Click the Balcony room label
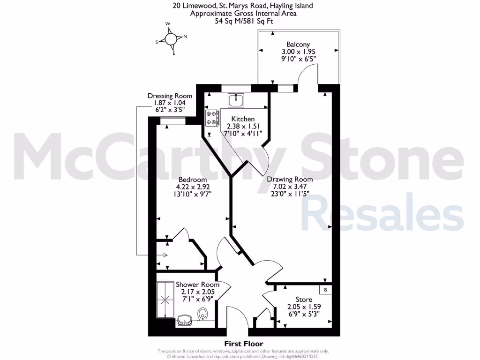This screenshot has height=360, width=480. pyautogui.click(x=298, y=45)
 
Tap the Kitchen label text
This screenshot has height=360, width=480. pyautogui.click(x=243, y=119)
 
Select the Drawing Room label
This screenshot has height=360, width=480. pyautogui.click(x=290, y=179)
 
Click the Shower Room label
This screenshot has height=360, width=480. pyautogui.click(x=197, y=285)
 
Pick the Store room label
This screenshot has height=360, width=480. pyautogui.click(x=304, y=300)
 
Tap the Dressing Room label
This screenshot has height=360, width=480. pyautogui.click(x=170, y=96)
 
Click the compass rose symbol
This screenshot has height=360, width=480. pyautogui.click(x=172, y=39)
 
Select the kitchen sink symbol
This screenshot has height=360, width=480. pyautogui.click(x=236, y=100)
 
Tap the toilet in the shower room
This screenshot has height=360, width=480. pyautogui.click(x=203, y=314)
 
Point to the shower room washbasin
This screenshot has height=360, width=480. pyautogui.click(x=184, y=321)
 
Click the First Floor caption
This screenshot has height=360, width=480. pyautogui.click(x=244, y=344)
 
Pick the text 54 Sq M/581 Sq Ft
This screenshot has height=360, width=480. pyautogui.click(x=244, y=21)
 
